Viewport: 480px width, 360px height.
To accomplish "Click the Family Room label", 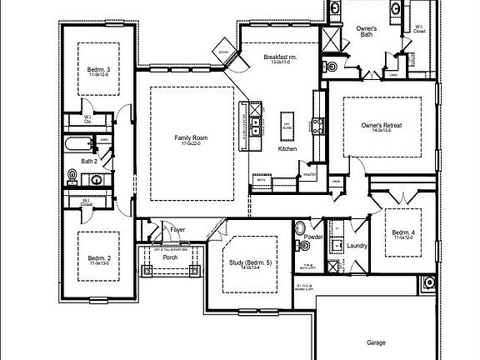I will point(190,138).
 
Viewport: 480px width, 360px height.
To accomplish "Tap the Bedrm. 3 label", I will point(98,71).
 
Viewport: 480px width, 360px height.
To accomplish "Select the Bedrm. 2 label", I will point(98,260).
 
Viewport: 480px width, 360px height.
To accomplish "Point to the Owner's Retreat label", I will point(381,126).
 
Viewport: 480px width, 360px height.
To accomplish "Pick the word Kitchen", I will point(287,149).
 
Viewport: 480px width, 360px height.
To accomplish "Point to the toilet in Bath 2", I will point(73,176).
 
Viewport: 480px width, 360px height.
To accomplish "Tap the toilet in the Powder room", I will point(299,227).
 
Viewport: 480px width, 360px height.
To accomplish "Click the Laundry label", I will point(357,246).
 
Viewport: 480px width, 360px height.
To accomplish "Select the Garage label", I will point(376,342).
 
